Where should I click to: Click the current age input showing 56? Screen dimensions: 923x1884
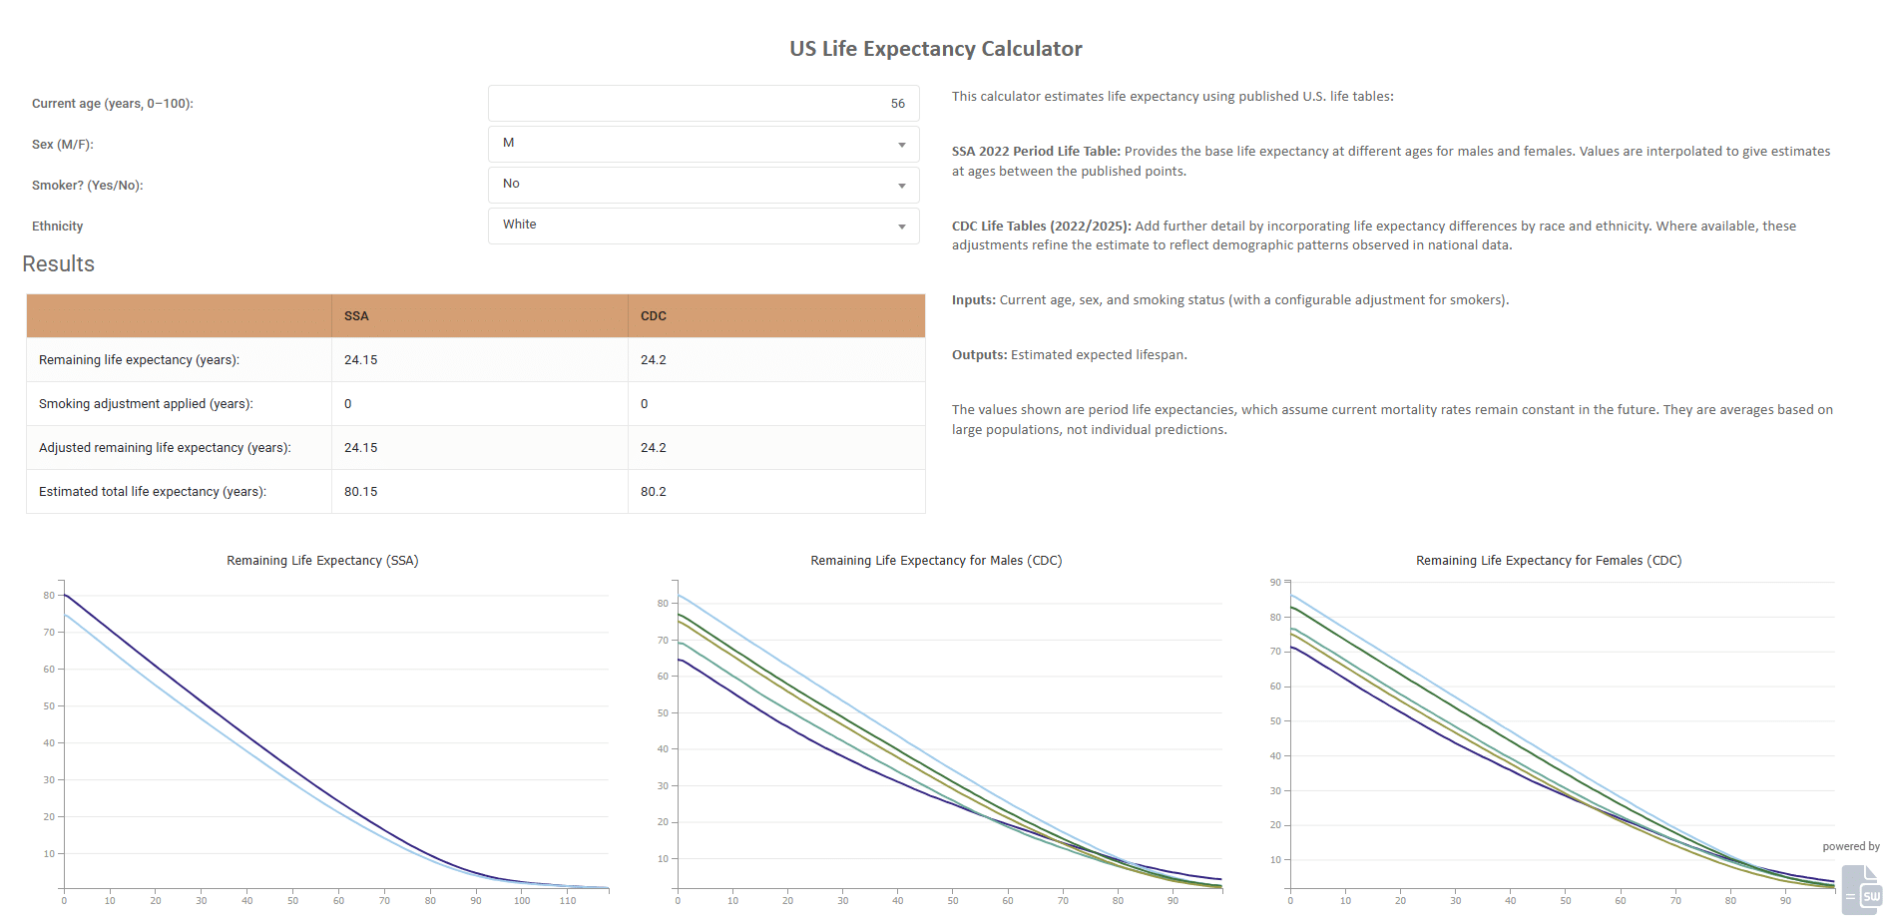point(703,104)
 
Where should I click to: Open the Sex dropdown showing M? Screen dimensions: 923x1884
point(703,144)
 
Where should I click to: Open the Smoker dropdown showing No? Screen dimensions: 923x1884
point(703,185)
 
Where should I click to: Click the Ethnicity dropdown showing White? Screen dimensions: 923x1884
point(703,226)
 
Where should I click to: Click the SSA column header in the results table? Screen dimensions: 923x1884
point(356,316)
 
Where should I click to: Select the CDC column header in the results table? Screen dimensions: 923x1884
point(654,316)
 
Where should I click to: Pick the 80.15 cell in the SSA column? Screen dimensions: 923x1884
point(361,492)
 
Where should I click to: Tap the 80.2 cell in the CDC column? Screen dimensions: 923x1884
point(654,492)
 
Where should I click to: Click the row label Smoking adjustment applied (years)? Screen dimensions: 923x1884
point(146,404)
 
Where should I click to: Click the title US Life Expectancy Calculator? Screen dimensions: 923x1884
point(935,49)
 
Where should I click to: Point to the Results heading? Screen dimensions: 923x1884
point(59,264)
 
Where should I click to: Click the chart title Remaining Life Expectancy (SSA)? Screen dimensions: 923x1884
point(322,561)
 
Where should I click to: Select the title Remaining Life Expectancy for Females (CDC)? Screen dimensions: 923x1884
point(1548,561)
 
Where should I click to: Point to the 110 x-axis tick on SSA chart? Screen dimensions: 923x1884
point(568,901)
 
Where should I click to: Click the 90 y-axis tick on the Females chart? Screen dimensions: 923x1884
point(1275,583)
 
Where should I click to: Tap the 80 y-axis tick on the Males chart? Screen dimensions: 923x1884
point(663,604)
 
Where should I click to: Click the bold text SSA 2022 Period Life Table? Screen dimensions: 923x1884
point(1036,152)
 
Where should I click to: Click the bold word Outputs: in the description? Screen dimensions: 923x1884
point(979,355)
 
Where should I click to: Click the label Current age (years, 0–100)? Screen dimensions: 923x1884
point(113,104)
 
